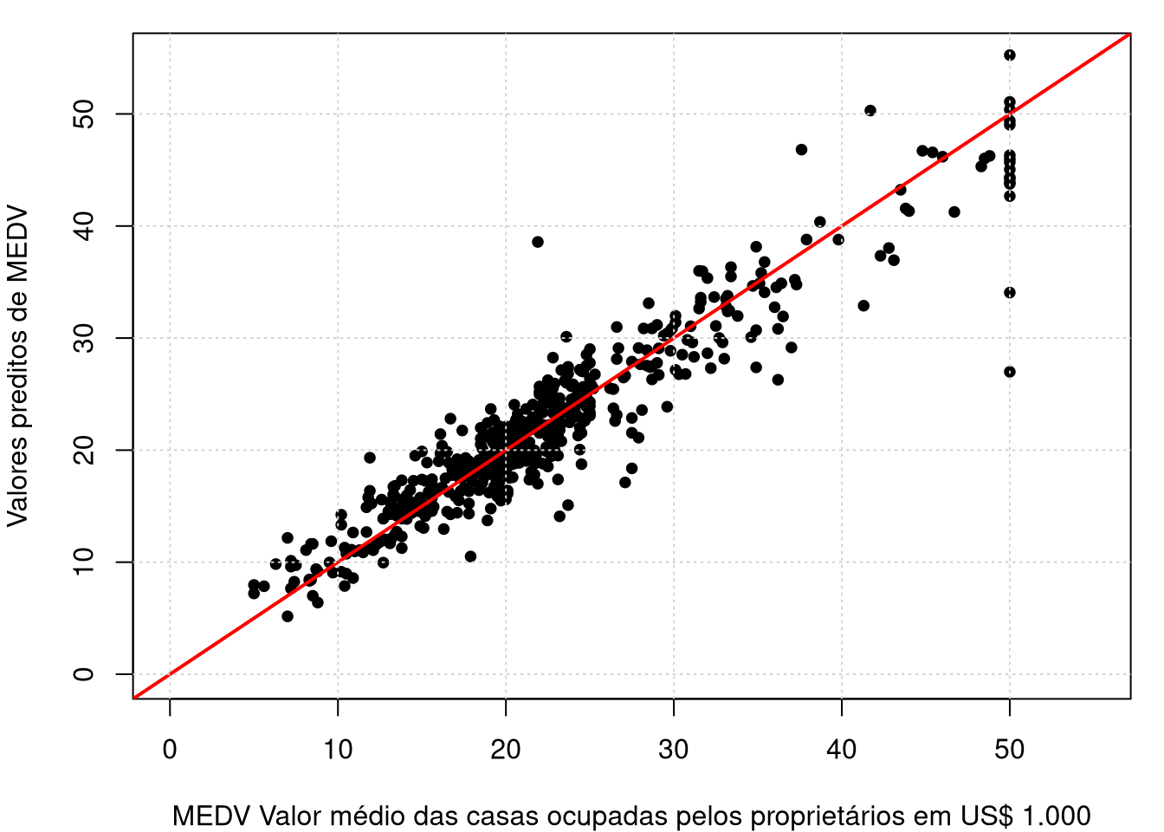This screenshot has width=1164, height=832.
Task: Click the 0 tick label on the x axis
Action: tap(170, 749)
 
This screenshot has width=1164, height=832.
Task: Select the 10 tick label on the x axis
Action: tap(338, 749)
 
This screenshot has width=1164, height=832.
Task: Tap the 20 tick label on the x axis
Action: tap(506, 749)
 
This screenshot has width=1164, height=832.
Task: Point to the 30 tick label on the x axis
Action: tap(674, 749)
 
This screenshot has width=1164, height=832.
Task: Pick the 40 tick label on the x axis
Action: tap(842, 749)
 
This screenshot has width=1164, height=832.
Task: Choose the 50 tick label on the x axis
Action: tap(1010, 749)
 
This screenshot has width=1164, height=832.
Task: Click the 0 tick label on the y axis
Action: tap(84, 674)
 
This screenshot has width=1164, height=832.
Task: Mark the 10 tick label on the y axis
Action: tap(84, 562)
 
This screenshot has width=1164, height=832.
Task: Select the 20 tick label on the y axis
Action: tap(84, 450)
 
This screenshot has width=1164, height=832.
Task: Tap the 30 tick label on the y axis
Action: tap(84, 338)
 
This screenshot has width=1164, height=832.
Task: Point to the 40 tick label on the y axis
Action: tap(84, 226)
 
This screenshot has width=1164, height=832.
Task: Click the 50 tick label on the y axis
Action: tap(84, 114)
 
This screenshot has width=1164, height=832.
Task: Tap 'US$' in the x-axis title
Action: tap(986, 816)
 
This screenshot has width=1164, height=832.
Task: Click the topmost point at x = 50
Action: tap(1010, 55)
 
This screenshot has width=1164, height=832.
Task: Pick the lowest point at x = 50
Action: tap(1010, 372)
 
